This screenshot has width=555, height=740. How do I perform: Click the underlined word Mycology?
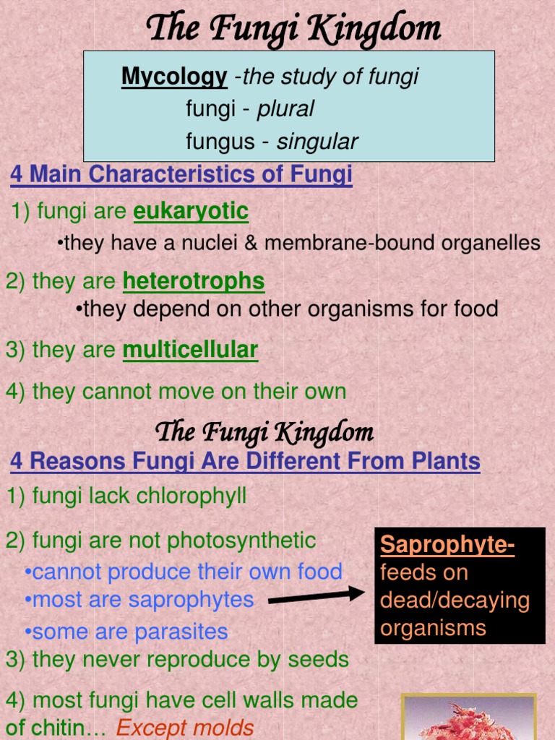click(173, 77)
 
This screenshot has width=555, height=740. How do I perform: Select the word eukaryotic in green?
click(191, 212)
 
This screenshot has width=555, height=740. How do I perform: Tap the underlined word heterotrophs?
click(194, 281)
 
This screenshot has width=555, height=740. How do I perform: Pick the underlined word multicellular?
click(190, 350)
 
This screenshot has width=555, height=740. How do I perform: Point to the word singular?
click(317, 142)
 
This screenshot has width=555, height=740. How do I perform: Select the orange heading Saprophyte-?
click(447, 545)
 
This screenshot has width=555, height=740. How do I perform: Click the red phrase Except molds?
click(185, 728)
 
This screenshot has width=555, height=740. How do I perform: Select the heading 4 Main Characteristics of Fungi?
click(181, 174)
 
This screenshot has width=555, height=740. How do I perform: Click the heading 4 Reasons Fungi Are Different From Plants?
click(245, 461)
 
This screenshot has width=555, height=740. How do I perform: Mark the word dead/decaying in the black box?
click(455, 601)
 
